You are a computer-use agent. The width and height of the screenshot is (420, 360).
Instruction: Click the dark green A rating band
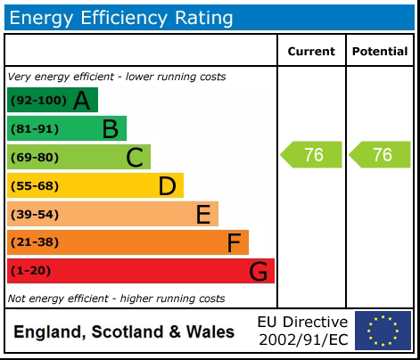tap(52, 100)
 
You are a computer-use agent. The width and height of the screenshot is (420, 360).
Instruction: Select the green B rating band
tap(66, 128)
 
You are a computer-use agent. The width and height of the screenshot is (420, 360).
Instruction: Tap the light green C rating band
tap(78, 157)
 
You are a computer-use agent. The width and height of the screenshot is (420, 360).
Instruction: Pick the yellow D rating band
tap(95, 185)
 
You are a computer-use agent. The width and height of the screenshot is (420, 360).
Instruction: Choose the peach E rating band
tap(112, 214)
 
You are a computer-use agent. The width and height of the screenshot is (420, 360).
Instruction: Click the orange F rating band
tap(128, 242)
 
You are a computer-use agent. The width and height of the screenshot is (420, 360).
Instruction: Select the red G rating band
tap(140, 271)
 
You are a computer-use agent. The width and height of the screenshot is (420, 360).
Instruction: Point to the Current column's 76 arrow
tap(312, 155)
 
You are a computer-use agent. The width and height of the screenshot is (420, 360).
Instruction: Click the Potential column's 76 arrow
tap(381, 155)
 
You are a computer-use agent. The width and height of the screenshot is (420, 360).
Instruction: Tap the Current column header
tap(311, 52)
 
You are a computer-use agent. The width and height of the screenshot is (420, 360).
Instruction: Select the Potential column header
tap(380, 52)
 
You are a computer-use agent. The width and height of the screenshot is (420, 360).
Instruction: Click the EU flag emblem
tap(383, 331)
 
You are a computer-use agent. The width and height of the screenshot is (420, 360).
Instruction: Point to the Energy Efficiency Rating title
tap(121, 17)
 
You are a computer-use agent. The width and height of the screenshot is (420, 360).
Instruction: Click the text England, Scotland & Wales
tap(124, 332)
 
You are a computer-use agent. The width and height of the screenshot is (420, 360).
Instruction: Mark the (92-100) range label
tap(37, 101)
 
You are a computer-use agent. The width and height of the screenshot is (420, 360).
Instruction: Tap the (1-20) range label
tap(31, 271)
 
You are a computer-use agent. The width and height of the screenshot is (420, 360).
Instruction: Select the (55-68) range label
tap(35, 185)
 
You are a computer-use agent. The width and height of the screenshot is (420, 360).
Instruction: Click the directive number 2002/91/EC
tap(302, 340)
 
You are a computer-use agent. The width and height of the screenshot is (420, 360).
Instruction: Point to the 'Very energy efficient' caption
tap(116, 77)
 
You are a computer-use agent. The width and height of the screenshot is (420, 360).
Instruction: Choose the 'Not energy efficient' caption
tap(116, 299)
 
